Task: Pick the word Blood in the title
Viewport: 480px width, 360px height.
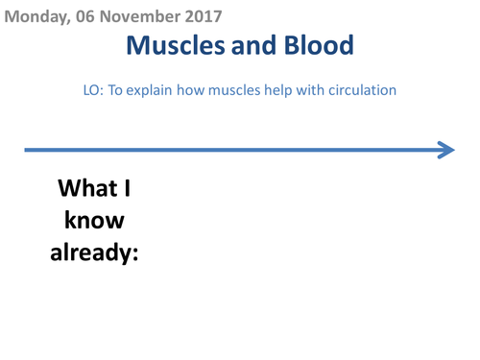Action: click(x=319, y=44)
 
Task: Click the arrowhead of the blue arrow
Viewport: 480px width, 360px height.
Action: click(x=445, y=150)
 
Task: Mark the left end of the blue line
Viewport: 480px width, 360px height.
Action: click(x=27, y=150)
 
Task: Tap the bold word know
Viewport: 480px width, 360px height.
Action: click(x=94, y=220)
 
